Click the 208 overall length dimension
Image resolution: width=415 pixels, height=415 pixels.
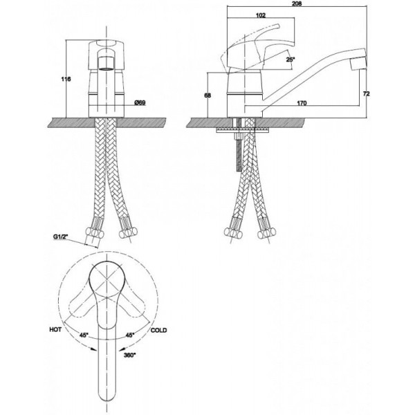click(x=297, y=3)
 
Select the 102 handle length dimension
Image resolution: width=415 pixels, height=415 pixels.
click(x=261, y=15)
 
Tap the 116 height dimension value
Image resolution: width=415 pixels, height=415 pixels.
click(x=66, y=79)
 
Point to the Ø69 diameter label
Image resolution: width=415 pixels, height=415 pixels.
click(x=140, y=102)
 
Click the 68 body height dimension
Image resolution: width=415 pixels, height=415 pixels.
click(x=207, y=95)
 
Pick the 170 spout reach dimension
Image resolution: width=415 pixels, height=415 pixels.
click(x=302, y=103)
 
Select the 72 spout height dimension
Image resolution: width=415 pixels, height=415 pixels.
click(x=367, y=93)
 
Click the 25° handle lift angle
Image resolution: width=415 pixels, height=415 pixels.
click(x=290, y=59)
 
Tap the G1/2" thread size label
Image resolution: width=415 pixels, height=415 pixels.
click(x=61, y=237)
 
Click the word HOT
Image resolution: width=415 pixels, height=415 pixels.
click(x=55, y=329)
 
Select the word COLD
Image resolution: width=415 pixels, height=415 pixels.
click(x=159, y=330)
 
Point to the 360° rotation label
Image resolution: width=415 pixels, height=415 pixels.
click(x=130, y=356)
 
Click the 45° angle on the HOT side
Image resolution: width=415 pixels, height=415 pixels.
click(x=84, y=335)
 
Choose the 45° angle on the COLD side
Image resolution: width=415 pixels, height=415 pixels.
click(x=130, y=335)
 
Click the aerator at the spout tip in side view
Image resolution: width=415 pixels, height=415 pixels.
click(x=358, y=64)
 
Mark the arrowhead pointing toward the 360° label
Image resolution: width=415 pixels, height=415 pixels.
click(x=120, y=349)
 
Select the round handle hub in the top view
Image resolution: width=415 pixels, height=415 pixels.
click(x=106, y=279)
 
